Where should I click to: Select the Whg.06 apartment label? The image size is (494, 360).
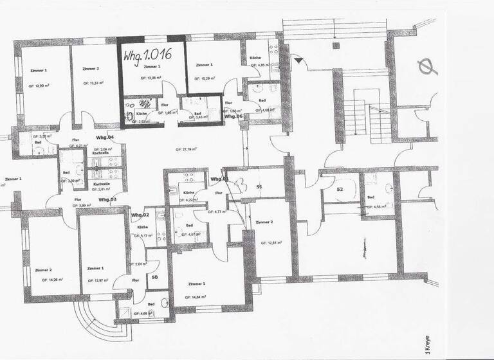[x=233, y=116]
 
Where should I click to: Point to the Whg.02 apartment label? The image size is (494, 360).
[x=140, y=214]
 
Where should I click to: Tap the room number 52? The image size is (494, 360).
[x=340, y=190]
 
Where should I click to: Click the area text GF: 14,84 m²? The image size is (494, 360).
[x=198, y=297]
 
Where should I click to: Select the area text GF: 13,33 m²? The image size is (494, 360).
[x=95, y=83]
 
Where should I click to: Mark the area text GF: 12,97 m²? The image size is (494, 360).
[x=96, y=280]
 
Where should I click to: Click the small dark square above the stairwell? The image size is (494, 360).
[x=335, y=46]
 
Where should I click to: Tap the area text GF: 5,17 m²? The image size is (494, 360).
[x=142, y=235]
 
